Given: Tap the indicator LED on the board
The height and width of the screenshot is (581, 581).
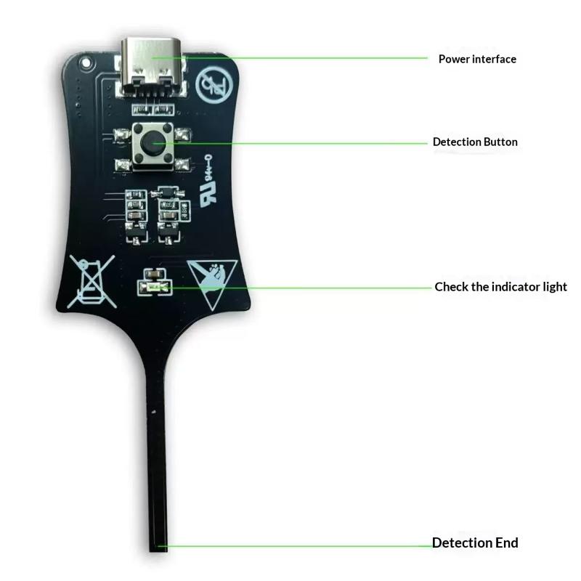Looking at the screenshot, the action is click(x=155, y=287).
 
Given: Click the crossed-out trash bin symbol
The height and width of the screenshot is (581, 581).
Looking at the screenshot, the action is click(x=92, y=282).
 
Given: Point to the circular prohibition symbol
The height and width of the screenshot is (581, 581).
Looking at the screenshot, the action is click(x=214, y=86).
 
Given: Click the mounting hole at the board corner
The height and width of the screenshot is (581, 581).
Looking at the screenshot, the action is click(x=86, y=62).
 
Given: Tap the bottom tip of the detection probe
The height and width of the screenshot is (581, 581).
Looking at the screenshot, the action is click(x=158, y=550).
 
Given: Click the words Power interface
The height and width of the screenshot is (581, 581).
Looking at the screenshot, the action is click(x=477, y=59).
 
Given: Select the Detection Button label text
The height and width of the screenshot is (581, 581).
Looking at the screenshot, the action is click(x=475, y=142).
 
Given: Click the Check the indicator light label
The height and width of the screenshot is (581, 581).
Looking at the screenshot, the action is click(x=500, y=287).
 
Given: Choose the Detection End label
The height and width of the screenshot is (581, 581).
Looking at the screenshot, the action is click(x=475, y=543).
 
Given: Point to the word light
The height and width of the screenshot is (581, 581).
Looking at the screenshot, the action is click(x=555, y=287).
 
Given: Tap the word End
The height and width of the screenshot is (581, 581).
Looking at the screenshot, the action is click(x=506, y=543).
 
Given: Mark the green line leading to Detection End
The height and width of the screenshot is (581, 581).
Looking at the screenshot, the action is click(x=295, y=546).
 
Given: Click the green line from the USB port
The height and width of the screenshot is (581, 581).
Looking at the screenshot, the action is click(x=290, y=58).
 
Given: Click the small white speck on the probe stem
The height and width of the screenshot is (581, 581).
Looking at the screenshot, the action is click(x=153, y=412).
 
